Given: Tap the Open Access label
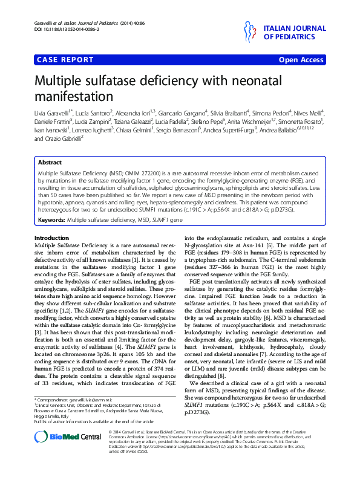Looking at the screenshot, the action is [x=301, y=60].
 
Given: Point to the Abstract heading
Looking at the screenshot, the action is [x=50, y=163].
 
